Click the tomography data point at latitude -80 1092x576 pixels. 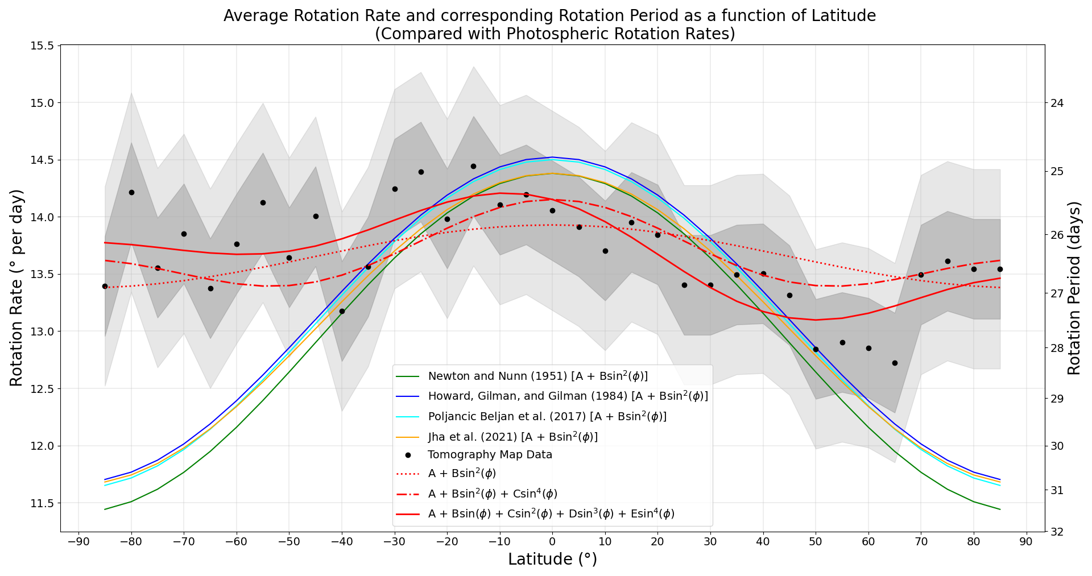coord(131,192)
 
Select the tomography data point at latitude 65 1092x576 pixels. coord(895,363)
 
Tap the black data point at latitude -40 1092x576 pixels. coord(342,311)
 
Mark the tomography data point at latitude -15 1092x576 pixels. coord(473,166)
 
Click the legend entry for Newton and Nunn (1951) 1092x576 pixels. coord(537,376)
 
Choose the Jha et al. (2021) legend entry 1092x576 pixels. coord(512,437)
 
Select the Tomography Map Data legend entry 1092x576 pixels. coord(490,455)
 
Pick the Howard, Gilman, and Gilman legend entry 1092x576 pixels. coord(568,396)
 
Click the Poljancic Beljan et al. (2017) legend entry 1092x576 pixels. coord(547,417)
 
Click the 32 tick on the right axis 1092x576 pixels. coord(1058,532)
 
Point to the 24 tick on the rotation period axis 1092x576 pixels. coord(1058,103)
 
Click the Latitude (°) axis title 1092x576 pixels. coord(552,560)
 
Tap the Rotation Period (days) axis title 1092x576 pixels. coord(1074,288)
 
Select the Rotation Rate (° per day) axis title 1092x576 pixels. coord(17,288)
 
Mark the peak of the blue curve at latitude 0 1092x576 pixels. coord(552,157)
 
